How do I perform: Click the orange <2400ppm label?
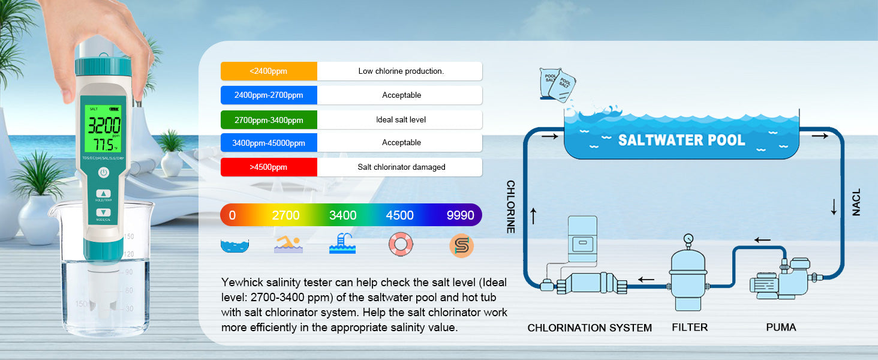point(268,71)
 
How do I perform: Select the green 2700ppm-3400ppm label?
point(268,120)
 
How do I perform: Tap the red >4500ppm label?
point(268,167)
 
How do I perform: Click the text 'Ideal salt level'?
point(401,120)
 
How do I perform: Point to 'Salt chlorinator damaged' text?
point(401,167)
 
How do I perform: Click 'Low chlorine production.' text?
point(401,71)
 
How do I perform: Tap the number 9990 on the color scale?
point(460,215)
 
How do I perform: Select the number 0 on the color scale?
point(232,215)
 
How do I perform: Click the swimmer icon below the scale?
point(288,244)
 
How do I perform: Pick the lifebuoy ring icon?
point(400,244)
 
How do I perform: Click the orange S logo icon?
point(461,245)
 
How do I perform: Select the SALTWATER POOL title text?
point(681,140)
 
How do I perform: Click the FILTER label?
point(690,328)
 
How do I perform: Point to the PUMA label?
point(781,328)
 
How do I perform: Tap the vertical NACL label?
point(856,202)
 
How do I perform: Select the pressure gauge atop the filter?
point(688,238)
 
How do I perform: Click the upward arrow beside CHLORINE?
point(533,215)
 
